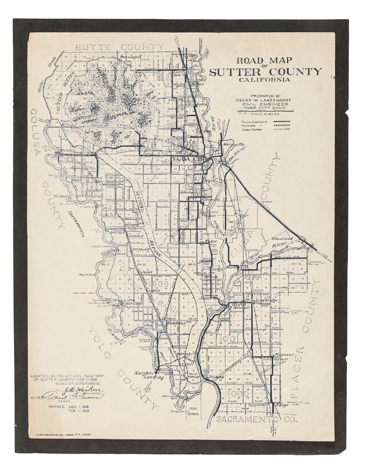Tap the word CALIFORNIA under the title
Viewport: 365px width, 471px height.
[265, 79]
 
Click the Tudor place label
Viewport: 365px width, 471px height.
[212, 241]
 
